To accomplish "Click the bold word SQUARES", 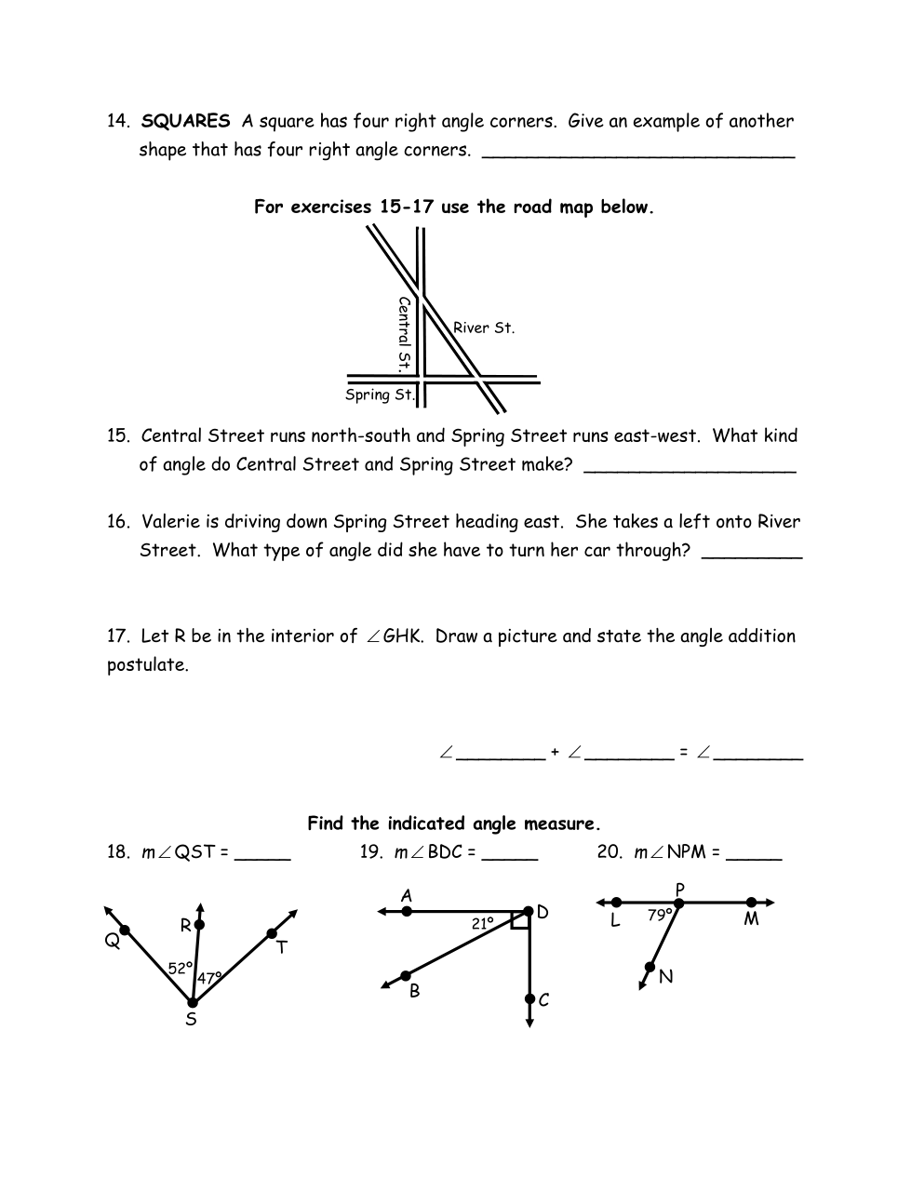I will (x=185, y=121).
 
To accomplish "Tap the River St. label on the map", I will (x=483, y=328).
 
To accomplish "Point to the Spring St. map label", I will (x=380, y=395).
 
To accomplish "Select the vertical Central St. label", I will (x=404, y=333).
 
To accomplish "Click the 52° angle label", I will (x=181, y=968).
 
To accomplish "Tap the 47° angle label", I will (x=209, y=978).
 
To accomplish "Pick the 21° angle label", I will (x=482, y=924).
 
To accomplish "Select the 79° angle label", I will (x=660, y=915).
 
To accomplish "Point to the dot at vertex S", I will (x=192, y=1002).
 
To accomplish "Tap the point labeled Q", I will (x=125, y=930).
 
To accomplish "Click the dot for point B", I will (x=406, y=976).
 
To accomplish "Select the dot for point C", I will (x=529, y=1000).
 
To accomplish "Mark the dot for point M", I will (x=751, y=902).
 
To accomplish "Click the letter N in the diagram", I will (x=665, y=976).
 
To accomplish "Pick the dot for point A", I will (x=407, y=912).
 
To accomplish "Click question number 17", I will (x=117, y=636).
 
